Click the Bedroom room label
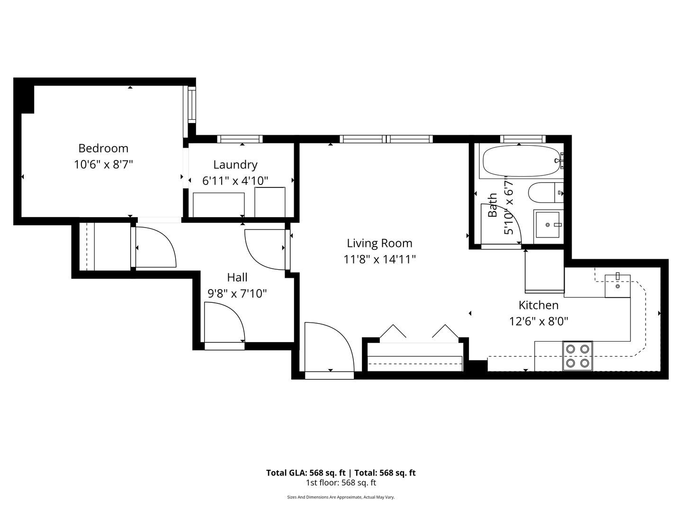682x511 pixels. [x=103, y=148]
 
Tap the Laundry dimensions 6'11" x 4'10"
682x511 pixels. [x=235, y=181]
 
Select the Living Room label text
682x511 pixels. [x=379, y=243]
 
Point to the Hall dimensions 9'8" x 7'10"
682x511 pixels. [x=237, y=293]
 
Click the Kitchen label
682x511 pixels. [x=538, y=305]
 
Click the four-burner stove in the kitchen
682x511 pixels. [x=577, y=356]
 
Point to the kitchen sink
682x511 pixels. [x=618, y=286]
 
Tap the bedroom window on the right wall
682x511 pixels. [x=192, y=104]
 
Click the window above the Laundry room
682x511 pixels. [x=240, y=139]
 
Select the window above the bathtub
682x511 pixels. [x=523, y=139]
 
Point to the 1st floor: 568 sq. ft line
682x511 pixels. [x=341, y=483]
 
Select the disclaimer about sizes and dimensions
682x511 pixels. [x=341, y=497]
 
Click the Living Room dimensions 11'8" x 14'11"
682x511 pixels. [x=379, y=259]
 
